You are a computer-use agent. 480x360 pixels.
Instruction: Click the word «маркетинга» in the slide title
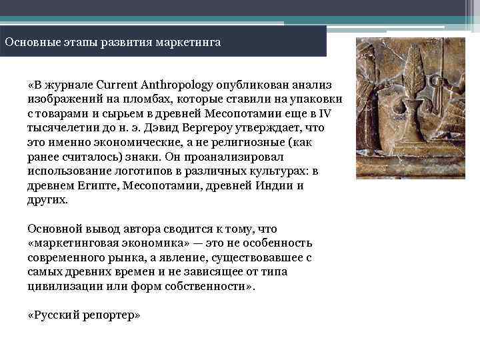pyautogui.click(x=187, y=42)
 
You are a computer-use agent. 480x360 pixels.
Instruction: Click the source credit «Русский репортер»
pyautogui.click(x=84, y=315)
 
